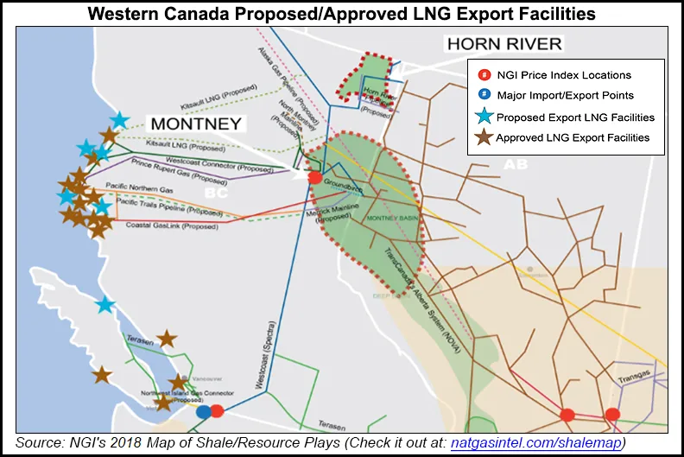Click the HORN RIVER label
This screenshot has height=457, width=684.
click(503, 43)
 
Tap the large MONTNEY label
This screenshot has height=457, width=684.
click(196, 124)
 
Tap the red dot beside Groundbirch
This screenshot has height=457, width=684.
click(315, 177)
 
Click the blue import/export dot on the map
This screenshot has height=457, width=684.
click(203, 412)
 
